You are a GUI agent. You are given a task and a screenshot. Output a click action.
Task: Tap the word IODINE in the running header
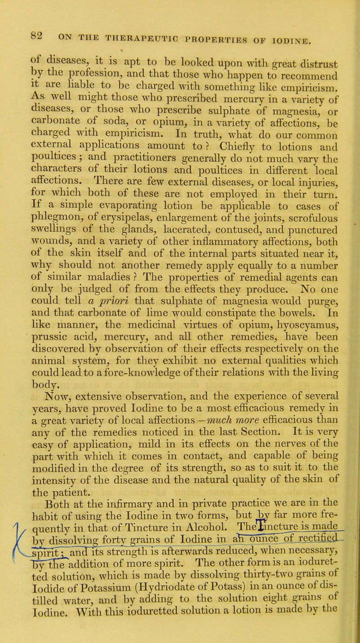click(292, 27)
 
